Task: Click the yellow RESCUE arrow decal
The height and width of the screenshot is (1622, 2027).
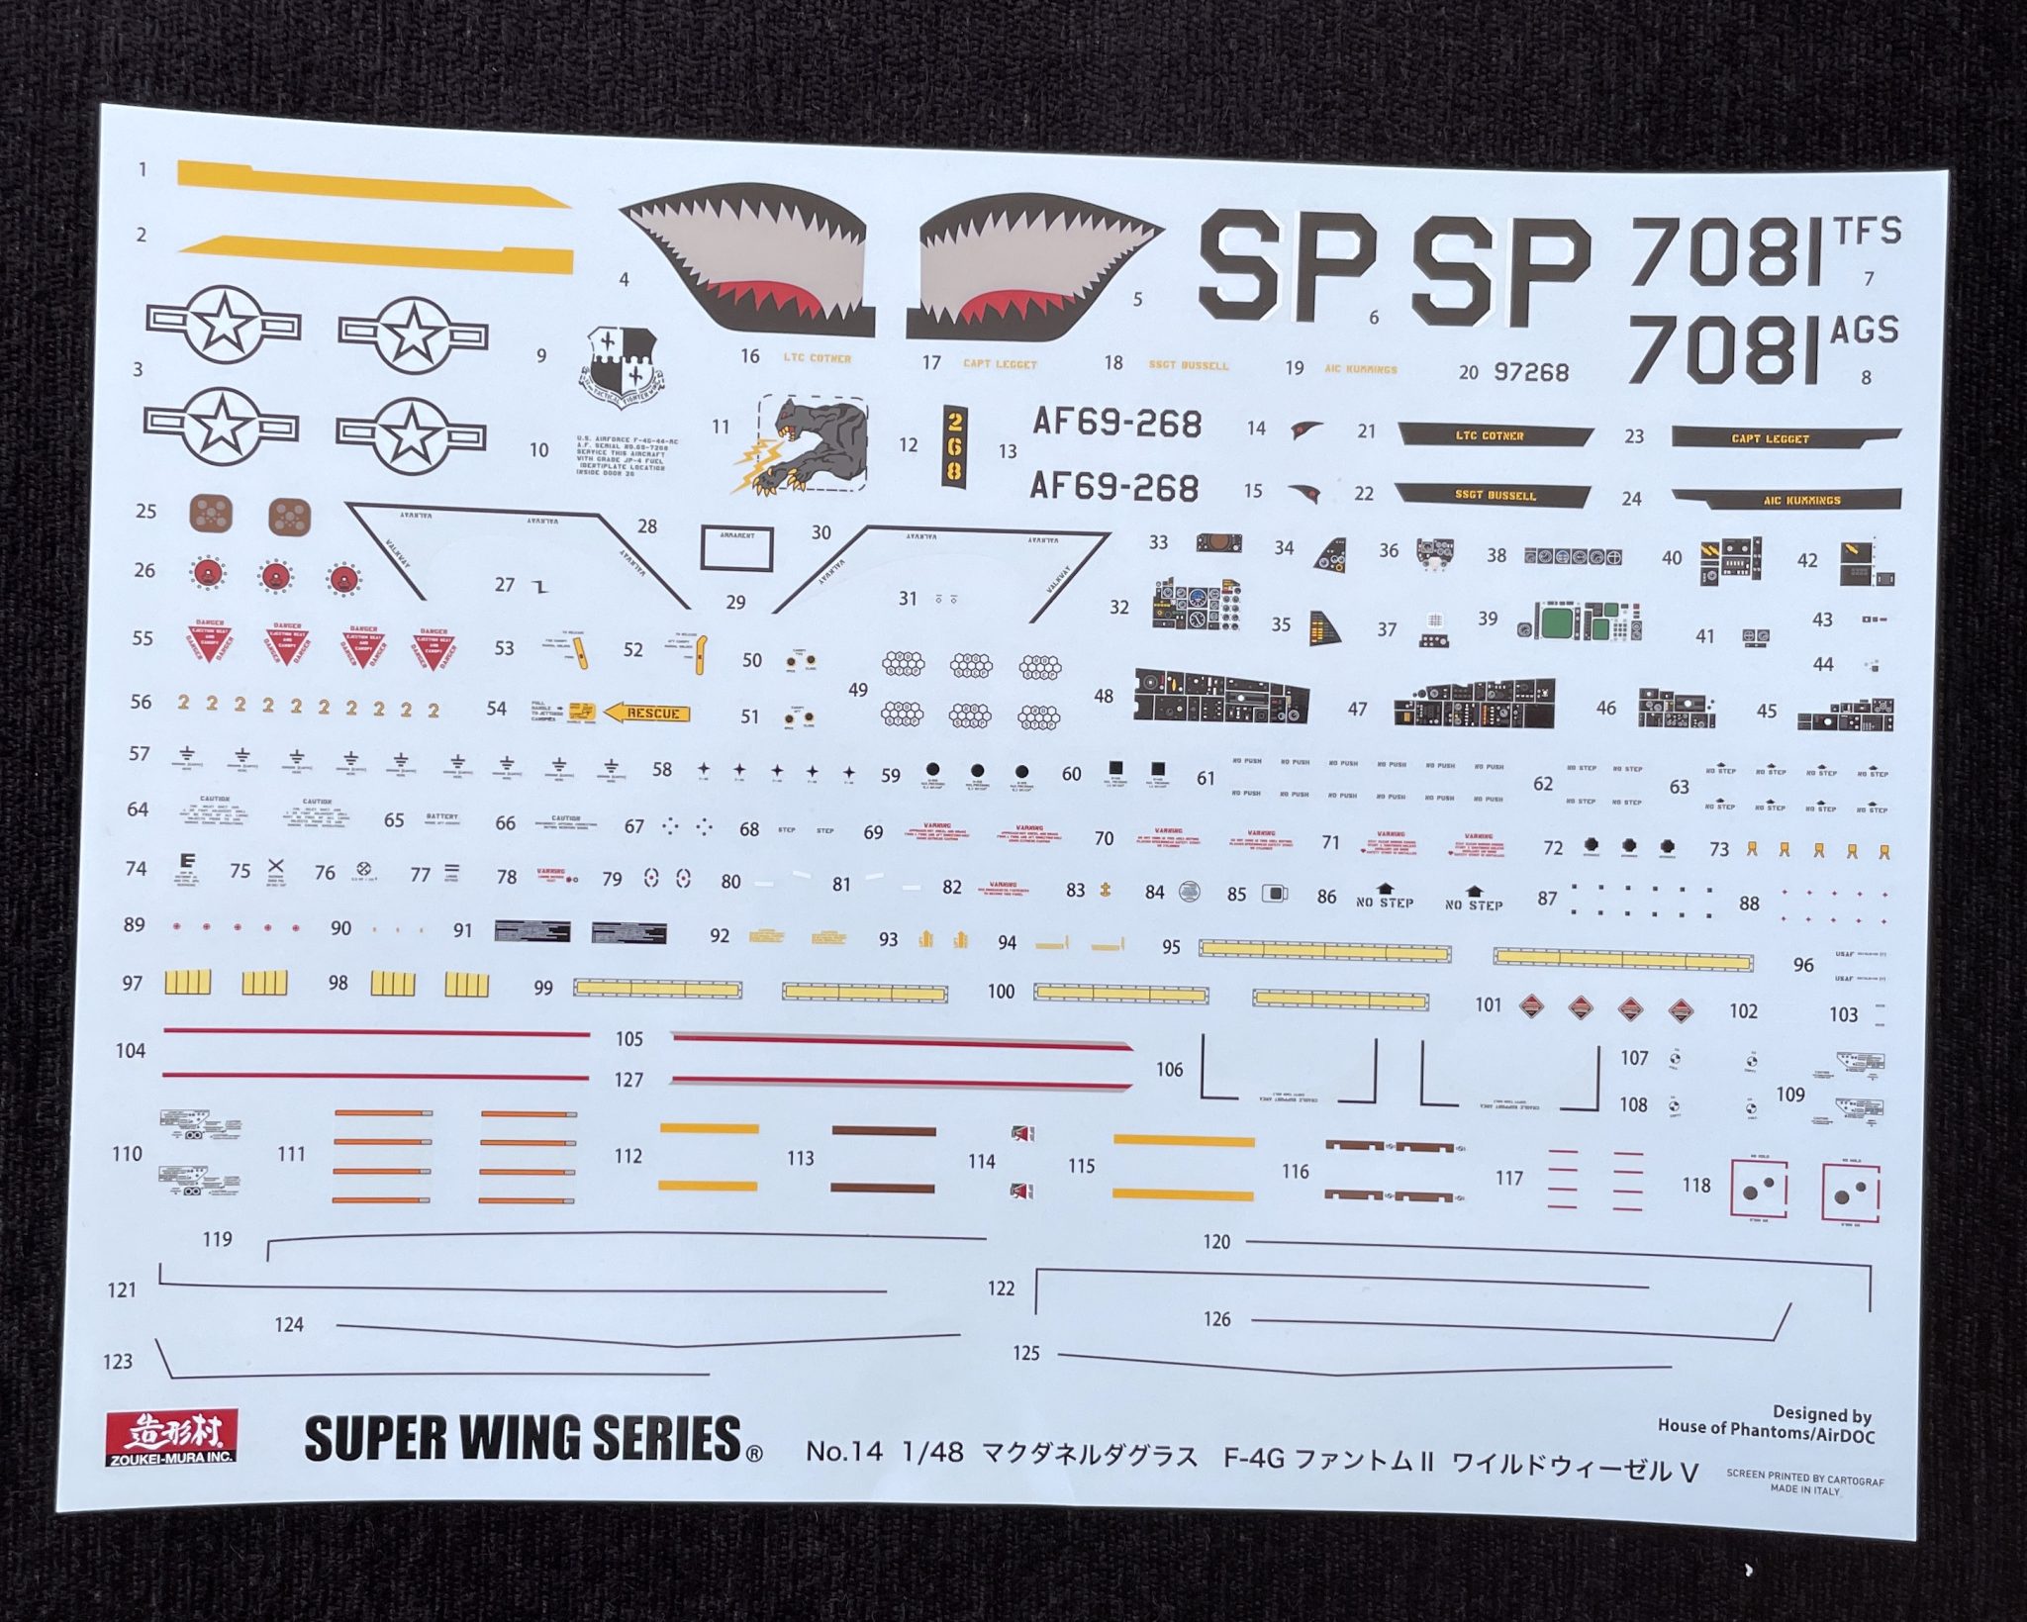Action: pos(647,713)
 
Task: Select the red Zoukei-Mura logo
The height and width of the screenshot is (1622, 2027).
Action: pos(171,1436)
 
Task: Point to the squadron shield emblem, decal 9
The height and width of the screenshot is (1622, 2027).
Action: pos(623,367)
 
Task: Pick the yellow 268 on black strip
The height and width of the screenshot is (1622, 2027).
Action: pos(953,445)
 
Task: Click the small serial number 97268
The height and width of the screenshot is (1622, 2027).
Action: pos(1531,372)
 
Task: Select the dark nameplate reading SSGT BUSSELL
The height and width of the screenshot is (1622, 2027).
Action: pos(1494,494)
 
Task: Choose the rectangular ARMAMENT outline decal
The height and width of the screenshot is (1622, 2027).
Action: pos(736,547)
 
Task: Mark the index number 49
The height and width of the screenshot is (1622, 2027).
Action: pos(857,690)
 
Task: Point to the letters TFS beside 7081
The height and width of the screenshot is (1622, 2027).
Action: pos(1868,231)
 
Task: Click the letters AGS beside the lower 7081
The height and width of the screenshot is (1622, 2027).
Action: pos(1865,330)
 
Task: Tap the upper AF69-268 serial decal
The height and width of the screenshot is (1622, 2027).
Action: pos(1116,423)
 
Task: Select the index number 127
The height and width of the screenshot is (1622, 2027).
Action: pos(628,1080)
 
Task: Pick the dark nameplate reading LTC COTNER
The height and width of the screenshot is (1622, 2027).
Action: pos(1493,434)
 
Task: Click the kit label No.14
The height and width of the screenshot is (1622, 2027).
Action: pos(843,1451)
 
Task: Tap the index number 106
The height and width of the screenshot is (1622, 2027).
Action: pos(1169,1069)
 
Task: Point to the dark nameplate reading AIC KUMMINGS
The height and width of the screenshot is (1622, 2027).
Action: pos(1786,500)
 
